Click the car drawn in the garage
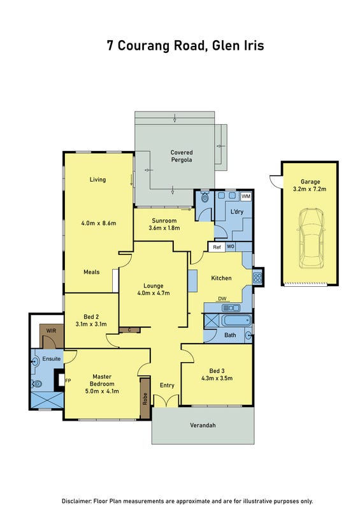pos(311,238)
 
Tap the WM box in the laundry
pos(246,196)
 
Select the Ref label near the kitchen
pos(217,247)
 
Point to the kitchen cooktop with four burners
pos(257,277)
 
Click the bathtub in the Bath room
pos(236,321)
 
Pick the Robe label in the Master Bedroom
pos(145,399)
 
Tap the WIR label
pos(51,331)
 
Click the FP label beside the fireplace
pos(68,380)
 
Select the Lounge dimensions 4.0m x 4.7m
pos(154,293)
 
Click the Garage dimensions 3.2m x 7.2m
pos(310,189)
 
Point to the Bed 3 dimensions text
pos(217,378)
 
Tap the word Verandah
pos(203,425)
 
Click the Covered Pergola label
pos(182,156)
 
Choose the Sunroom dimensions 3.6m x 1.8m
pos(164,228)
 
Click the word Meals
pos(92,272)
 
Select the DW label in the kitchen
pos(222,298)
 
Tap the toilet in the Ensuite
pos(36,384)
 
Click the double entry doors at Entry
pos(166,401)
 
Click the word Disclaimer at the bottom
pos(76,501)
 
